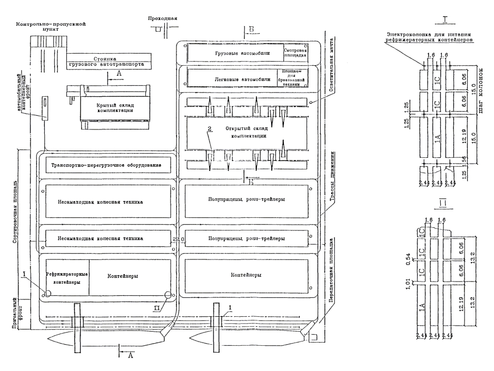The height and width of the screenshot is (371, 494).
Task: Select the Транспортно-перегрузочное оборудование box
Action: click(110, 166)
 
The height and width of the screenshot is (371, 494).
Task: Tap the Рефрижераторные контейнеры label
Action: click(67, 278)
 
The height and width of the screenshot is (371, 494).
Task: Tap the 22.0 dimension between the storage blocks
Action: click(179, 239)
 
